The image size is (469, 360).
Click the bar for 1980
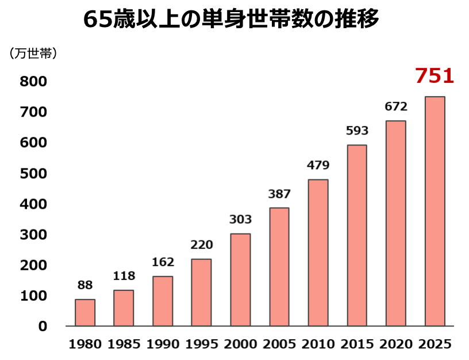coord(85,312)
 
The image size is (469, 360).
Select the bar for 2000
coord(240,279)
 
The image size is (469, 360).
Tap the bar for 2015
coord(357,235)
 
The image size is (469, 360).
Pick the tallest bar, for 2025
coord(435,211)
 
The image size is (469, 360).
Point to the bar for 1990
coord(163,301)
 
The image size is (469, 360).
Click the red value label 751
coord(435,76)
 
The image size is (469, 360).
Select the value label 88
coord(85,285)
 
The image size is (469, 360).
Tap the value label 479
coord(318,166)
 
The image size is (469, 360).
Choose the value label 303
coord(240,220)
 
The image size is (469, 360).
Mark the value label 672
coord(396,106)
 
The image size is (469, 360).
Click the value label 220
coord(202,245)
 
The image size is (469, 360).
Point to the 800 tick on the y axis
coord(33,82)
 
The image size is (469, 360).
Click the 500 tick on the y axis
coord(33,174)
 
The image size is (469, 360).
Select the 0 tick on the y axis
coord(43,326)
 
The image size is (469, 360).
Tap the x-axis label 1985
coord(124,344)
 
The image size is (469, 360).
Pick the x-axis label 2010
coord(318,344)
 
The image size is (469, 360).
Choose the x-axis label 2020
coord(396,344)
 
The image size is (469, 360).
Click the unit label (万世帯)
coord(33,53)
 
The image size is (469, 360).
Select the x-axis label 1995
coord(202,344)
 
